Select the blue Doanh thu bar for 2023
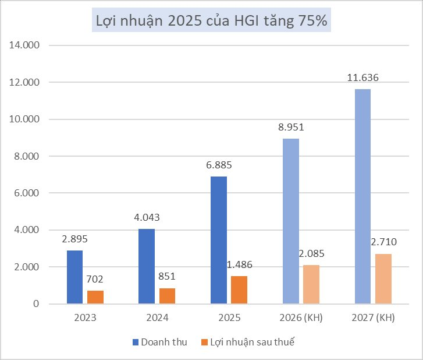point(74,277)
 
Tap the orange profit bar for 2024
point(168,296)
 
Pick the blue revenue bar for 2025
point(218,240)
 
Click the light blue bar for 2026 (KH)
point(290,221)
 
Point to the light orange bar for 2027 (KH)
point(383,278)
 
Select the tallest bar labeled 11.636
point(362,196)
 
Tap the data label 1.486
point(240,265)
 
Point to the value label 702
point(95,280)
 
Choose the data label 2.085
point(311,254)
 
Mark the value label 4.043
point(147,217)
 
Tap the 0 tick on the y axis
point(35,303)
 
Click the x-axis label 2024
point(157,319)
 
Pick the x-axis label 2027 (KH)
point(373,319)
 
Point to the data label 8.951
point(290,128)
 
